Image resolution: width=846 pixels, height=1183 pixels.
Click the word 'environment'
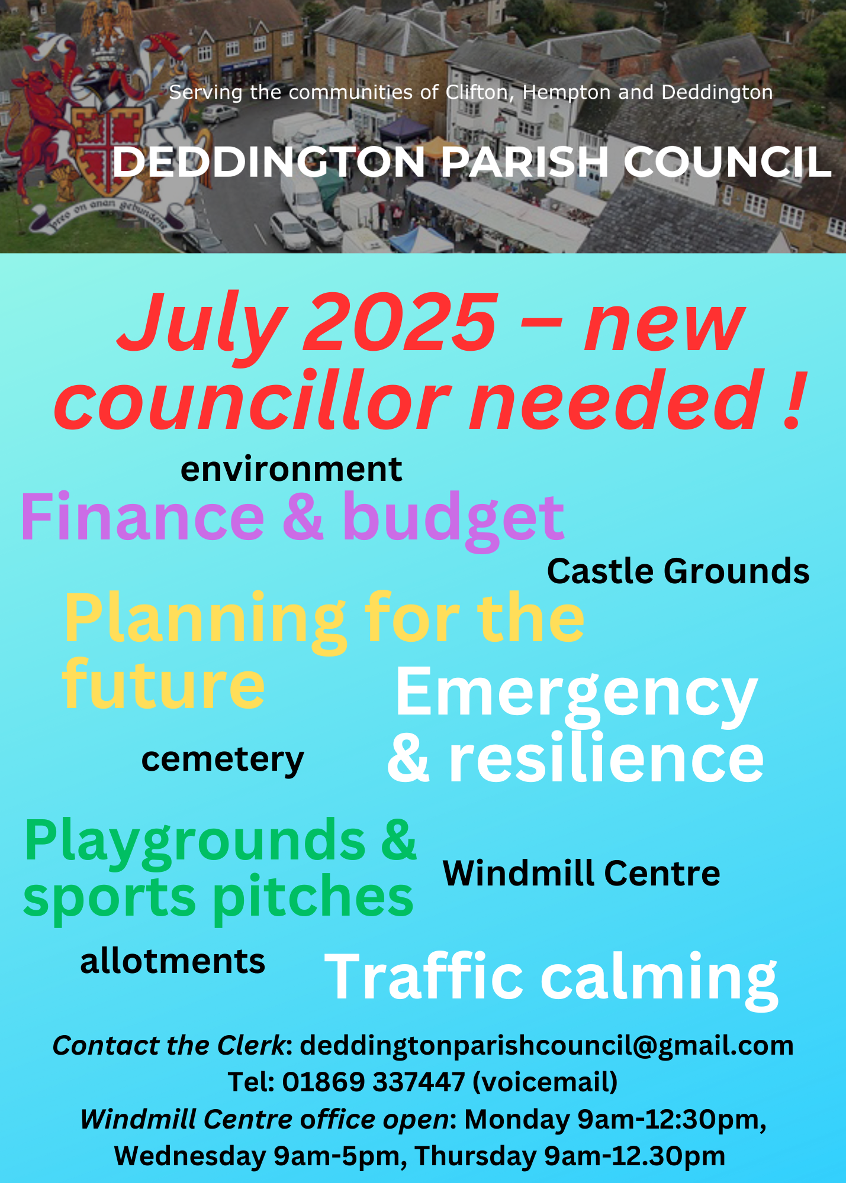coord(291,470)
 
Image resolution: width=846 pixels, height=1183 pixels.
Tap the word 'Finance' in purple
coord(143,517)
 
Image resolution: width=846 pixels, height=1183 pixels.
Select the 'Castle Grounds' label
coord(678,571)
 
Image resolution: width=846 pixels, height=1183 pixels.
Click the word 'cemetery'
coord(223,760)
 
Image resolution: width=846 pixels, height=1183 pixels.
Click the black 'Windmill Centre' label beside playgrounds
coord(581,873)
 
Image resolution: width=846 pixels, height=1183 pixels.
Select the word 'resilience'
coord(607,758)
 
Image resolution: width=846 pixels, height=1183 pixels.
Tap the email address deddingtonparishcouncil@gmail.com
coord(546,1046)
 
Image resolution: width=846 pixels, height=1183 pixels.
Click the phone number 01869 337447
coord(374,1082)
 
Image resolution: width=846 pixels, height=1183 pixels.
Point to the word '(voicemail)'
coord(545,1082)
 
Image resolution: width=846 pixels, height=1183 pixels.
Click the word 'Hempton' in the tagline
coord(567,93)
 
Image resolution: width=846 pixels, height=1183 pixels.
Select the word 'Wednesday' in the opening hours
coord(190,1156)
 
